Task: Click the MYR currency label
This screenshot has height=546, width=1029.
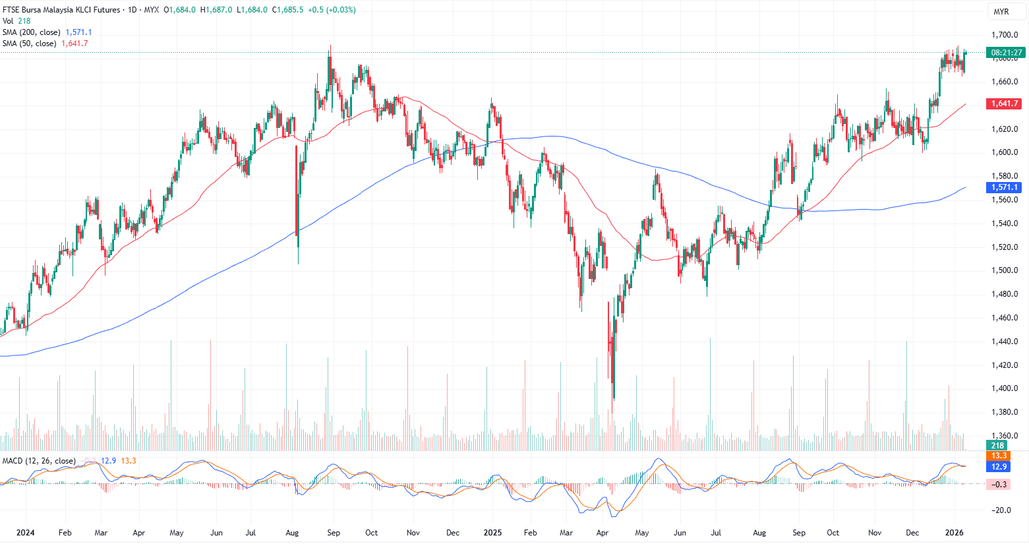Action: point(1001,12)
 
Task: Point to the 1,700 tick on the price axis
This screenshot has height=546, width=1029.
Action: point(1005,35)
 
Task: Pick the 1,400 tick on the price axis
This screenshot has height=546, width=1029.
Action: point(1005,388)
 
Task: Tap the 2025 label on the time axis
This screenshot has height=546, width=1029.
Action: point(492,532)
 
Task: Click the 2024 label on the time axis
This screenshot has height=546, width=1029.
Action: point(25,532)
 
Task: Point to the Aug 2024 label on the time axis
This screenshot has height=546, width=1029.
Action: point(292,532)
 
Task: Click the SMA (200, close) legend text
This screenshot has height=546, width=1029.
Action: point(31,32)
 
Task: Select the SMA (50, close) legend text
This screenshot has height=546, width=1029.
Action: point(29,44)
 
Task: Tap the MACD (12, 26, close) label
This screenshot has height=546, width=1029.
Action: point(39,461)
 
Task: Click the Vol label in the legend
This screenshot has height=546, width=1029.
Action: point(8,21)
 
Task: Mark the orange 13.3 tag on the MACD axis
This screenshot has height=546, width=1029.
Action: point(999,456)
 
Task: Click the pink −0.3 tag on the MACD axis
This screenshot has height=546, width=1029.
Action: point(999,484)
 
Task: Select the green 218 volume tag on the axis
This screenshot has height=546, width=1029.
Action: point(997,446)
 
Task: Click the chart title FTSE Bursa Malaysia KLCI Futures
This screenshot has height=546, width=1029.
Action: point(61,10)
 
